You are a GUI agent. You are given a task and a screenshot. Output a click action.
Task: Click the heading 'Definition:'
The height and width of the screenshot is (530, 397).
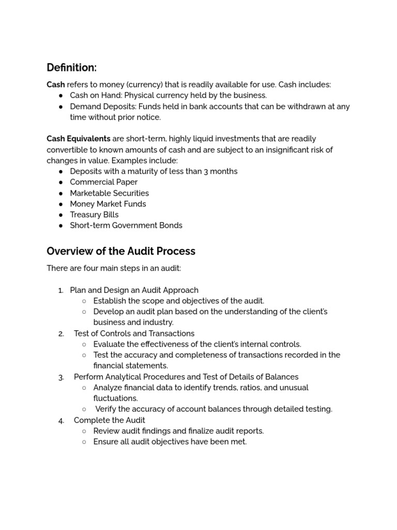coord(71,68)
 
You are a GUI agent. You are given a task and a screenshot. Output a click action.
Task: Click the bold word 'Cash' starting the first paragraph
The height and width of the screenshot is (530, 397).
coord(56,84)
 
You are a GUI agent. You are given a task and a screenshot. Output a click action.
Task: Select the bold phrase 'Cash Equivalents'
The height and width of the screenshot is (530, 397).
coord(79,139)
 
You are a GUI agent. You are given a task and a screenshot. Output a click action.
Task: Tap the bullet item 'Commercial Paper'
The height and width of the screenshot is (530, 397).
coord(103,182)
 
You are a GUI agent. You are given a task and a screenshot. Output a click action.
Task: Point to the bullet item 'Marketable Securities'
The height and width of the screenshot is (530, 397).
coord(109,193)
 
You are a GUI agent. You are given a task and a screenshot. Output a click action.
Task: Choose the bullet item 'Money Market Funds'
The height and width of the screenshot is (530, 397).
coord(108,204)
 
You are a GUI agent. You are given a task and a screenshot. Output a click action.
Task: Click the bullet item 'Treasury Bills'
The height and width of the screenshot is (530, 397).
coord(94,215)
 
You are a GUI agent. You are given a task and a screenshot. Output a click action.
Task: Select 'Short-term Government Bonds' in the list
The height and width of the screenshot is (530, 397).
coord(126,226)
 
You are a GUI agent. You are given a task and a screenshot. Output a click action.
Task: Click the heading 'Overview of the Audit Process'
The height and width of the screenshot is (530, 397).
coord(121,252)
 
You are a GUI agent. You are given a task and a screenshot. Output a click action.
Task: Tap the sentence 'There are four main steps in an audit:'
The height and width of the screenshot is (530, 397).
coord(114,269)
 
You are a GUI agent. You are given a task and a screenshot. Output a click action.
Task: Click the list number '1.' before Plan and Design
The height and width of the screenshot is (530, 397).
coord(61,290)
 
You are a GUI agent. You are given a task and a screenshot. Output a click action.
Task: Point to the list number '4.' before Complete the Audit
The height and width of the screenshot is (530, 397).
coord(61,421)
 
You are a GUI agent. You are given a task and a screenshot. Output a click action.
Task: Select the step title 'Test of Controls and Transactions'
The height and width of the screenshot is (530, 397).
coord(134,333)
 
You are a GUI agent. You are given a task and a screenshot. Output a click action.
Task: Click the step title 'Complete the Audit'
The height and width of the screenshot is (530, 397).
coord(109,420)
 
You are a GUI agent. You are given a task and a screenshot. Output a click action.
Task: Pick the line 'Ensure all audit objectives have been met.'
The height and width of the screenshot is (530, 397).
coord(170,442)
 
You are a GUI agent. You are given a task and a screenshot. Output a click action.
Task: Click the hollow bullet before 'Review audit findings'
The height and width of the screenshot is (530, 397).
coord(84,431)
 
